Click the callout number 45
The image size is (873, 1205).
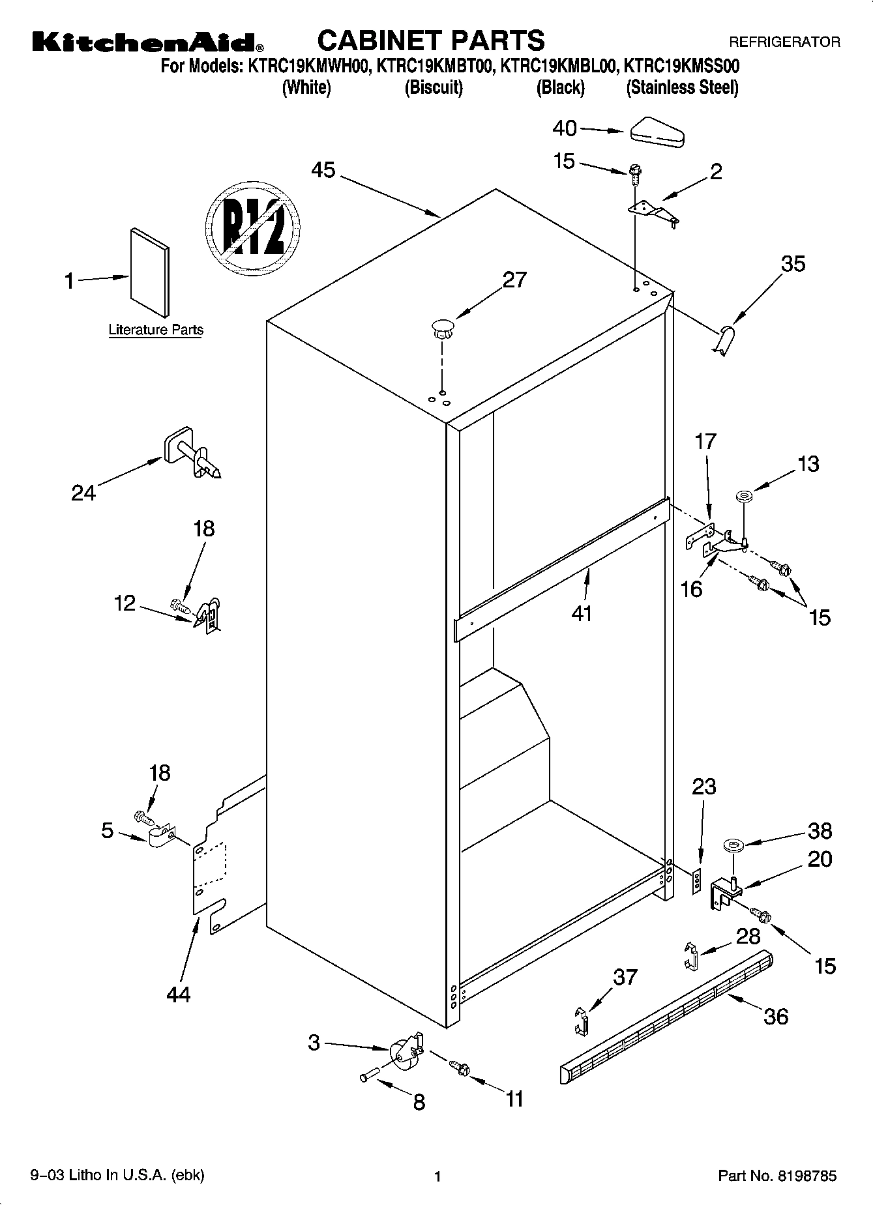coord(323,170)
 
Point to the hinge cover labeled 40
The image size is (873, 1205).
coord(656,132)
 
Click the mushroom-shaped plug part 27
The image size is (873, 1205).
coord(441,328)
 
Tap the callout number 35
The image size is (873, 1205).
coord(793,264)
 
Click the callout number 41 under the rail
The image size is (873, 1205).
coord(581,613)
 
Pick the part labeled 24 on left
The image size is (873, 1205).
coord(190,454)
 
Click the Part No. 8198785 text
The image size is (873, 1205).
coord(777,1176)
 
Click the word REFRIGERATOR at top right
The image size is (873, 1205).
coord(784,42)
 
